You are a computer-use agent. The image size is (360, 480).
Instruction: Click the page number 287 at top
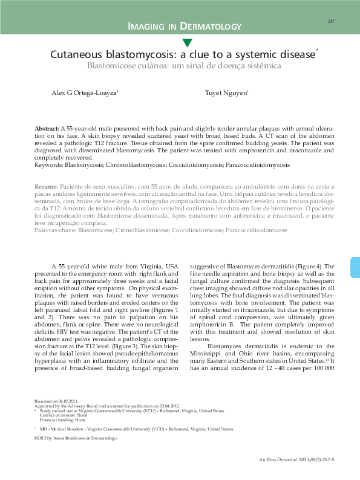click(331, 21)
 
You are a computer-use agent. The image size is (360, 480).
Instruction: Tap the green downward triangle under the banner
click(187, 43)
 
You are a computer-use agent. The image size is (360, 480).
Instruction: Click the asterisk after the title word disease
click(318, 51)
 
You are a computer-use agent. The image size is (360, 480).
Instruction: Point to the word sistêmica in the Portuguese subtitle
click(258, 65)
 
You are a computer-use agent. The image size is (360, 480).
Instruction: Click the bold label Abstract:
click(47, 129)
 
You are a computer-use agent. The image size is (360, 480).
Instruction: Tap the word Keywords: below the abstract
click(49, 164)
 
